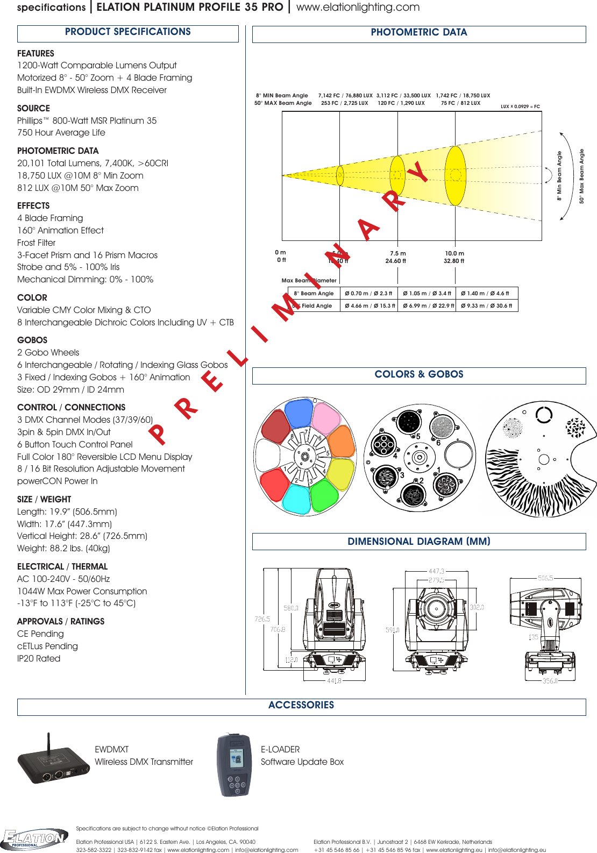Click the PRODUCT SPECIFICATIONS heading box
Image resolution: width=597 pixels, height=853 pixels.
pos(128,33)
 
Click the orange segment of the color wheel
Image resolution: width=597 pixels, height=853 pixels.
pos(341,442)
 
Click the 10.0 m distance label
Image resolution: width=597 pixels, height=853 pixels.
pos(454,253)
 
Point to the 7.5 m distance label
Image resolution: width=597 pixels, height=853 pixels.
pos(397,253)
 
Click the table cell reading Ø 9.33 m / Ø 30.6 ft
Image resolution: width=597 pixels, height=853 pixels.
pos(486,305)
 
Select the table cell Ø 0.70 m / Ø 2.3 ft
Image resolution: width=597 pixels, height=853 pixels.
pos(368,294)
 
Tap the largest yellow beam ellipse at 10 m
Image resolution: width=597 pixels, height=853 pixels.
pos(456,175)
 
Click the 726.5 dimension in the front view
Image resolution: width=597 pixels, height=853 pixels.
pos(262,619)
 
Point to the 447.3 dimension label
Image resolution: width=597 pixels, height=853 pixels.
pos(436,571)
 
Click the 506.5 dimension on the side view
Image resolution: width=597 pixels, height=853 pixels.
pos(545,578)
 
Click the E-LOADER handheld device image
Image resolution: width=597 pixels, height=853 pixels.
pos(234,765)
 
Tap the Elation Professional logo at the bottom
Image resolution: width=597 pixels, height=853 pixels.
pos(34,838)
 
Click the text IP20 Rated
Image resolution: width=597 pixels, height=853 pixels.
pos(39,658)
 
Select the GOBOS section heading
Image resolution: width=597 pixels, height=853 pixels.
pos(32,340)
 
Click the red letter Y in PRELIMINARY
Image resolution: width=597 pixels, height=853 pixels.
pos(418,172)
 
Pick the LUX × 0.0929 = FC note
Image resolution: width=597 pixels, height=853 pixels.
pos(520,106)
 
